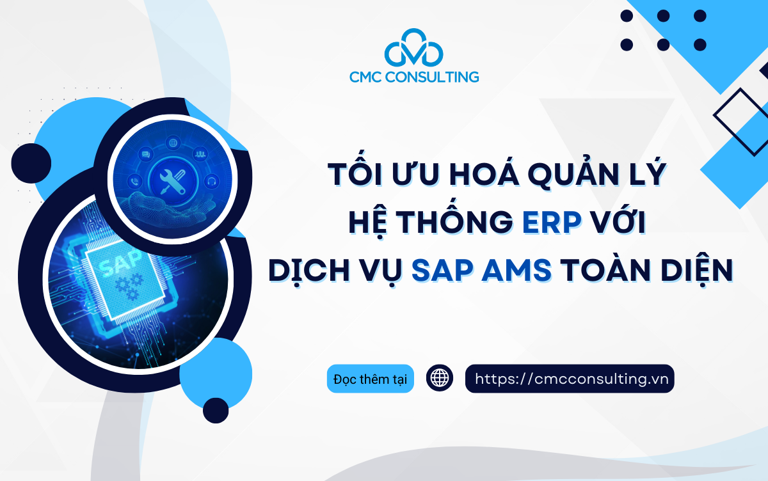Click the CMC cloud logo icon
pyautogui.click(x=413, y=51)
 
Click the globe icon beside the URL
pyautogui.click(x=440, y=379)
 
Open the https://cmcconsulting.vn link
pyautogui.click(x=570, y=379)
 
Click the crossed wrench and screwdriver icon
pyautogui.click(x=171, y=174)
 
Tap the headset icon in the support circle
pyautogui.click(x=212, y=181)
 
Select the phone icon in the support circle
pyautogui.click(x=134, y=181)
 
